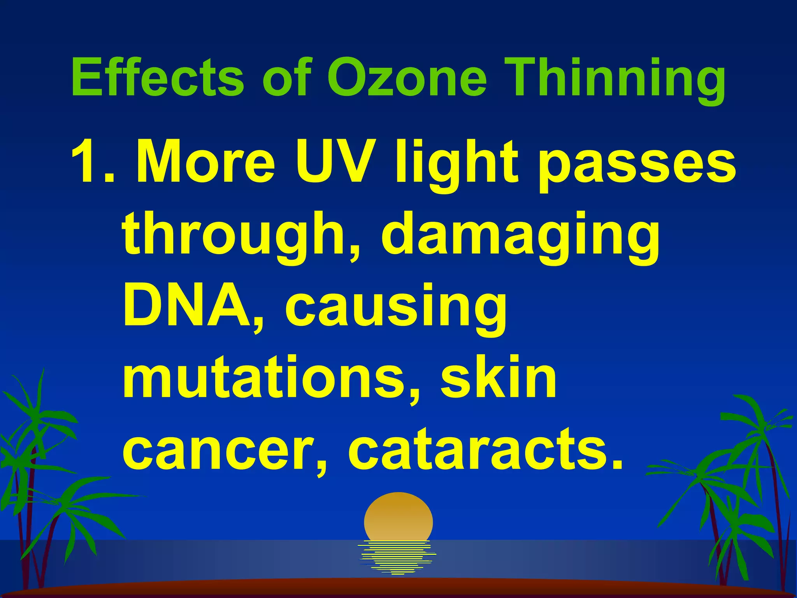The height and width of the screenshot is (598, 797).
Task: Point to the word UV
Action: [331, 162]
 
